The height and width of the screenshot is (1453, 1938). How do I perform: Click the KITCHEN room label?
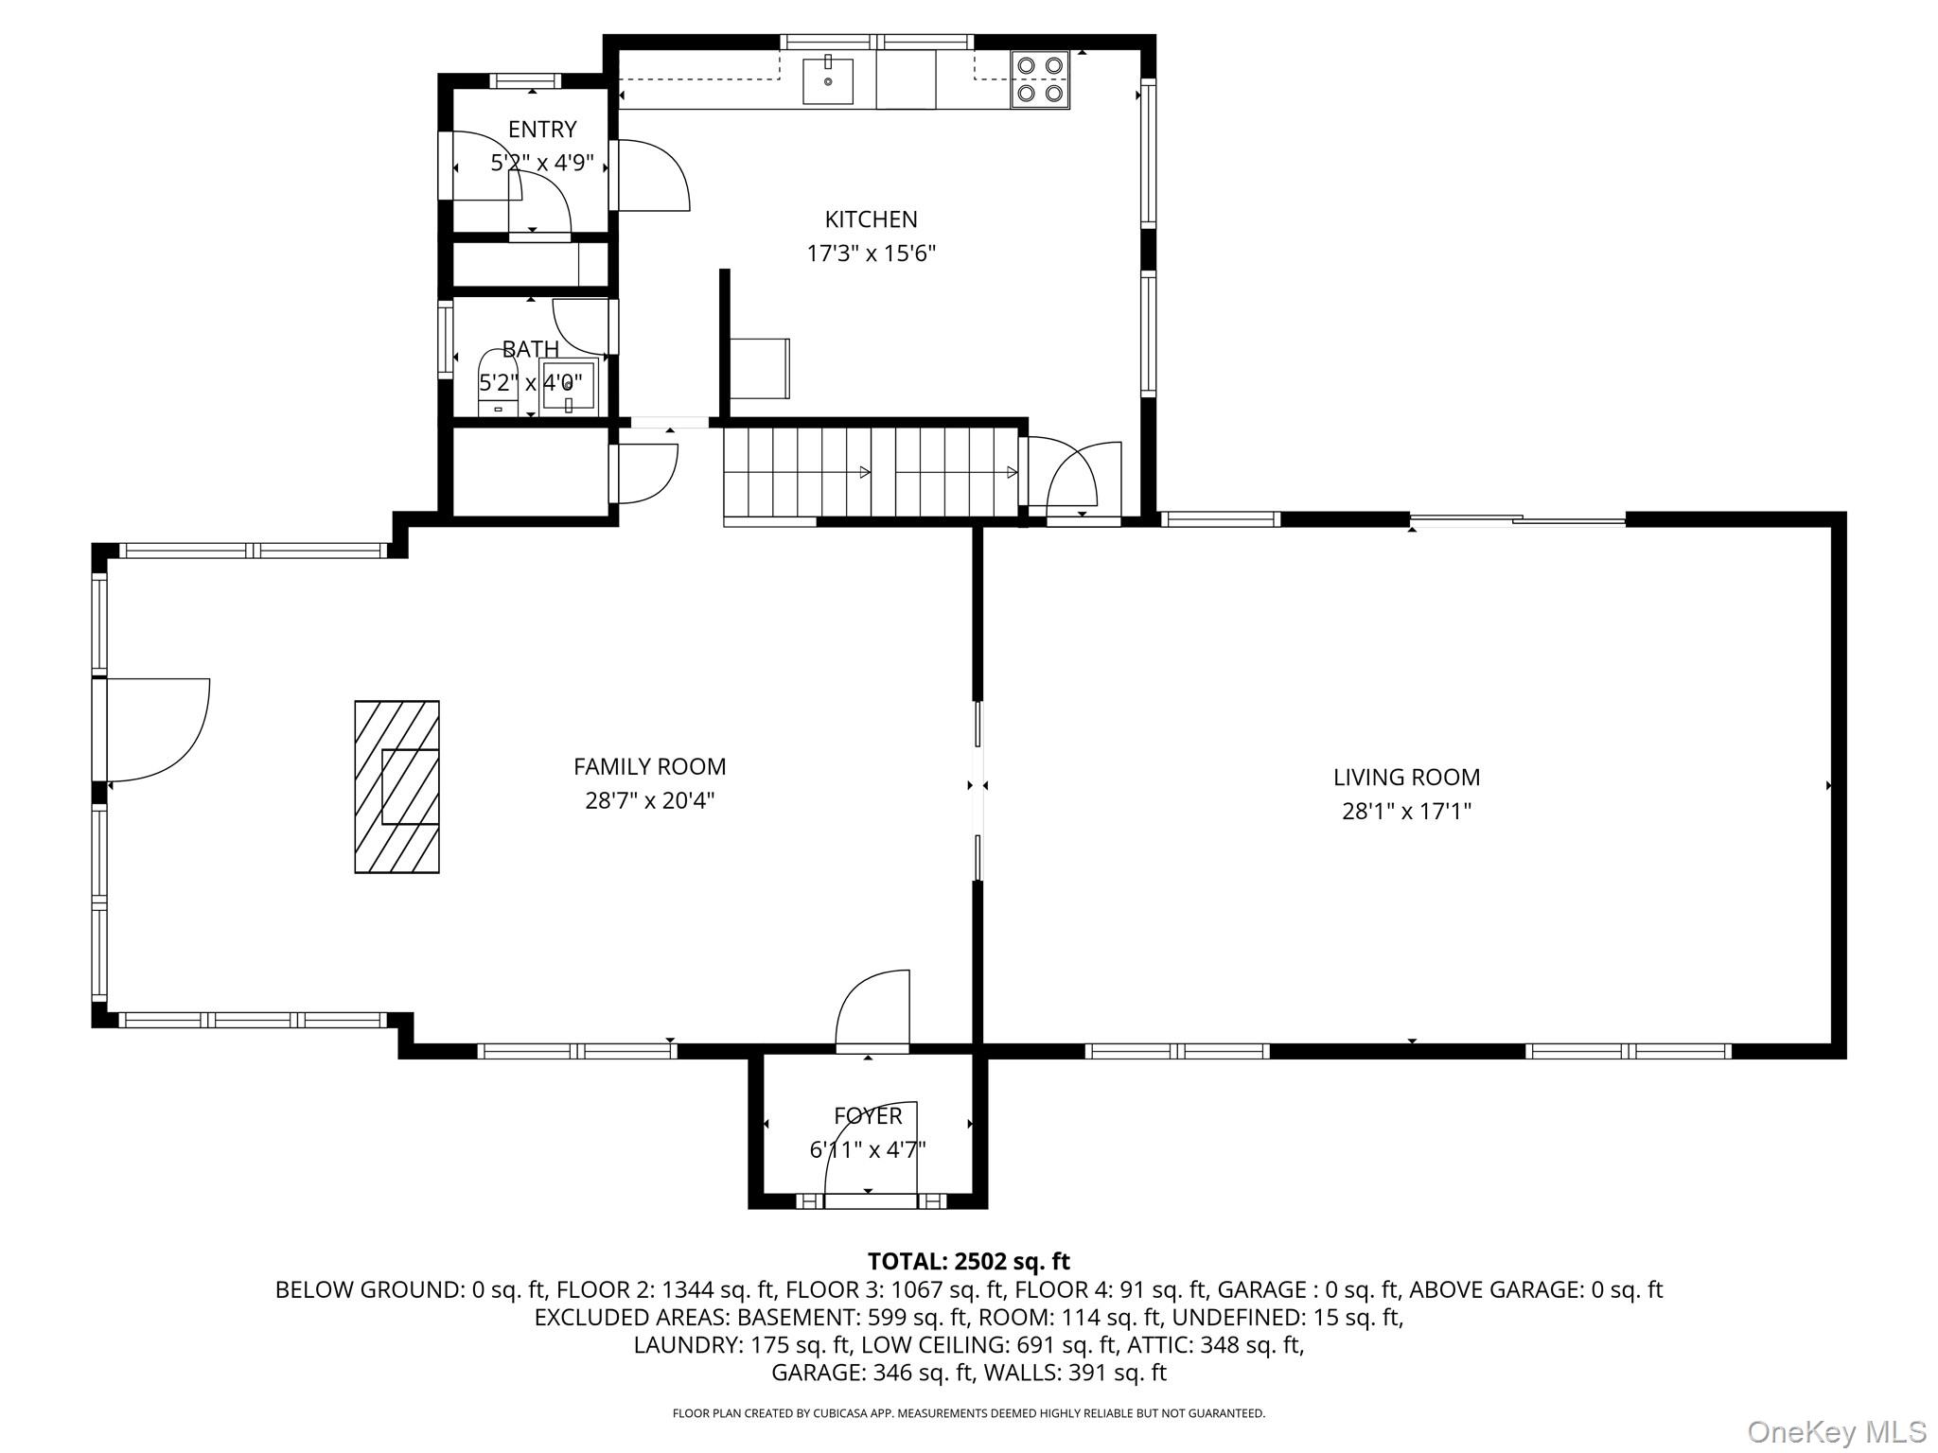tap(871, 219)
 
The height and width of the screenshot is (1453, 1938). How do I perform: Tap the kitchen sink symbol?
tap(828, 80)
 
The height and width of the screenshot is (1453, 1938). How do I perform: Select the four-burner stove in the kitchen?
tap(1039, 79)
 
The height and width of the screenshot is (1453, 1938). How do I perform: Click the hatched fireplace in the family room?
tap(396, 786)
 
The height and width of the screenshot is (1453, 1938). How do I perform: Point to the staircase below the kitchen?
tap(871, 472)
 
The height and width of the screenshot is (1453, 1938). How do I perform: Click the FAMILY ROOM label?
tap(649, 766)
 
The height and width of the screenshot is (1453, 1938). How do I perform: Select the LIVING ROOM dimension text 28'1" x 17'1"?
tap(1406, 812)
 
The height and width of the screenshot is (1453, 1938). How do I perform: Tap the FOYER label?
tap(867, 1116)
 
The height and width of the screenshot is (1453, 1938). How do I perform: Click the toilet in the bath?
tap(498, 384)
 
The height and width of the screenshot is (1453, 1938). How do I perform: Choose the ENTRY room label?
tap(541, 130)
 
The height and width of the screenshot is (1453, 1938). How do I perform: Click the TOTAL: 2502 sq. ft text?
tap(968, 1261)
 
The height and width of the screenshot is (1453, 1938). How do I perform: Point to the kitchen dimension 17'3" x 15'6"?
tap(871, 254)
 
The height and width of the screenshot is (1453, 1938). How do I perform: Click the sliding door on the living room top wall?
tap(1517, 519)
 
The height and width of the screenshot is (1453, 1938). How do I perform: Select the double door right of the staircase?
tap(1074, 478)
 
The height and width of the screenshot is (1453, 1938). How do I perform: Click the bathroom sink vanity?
tap(569, 387)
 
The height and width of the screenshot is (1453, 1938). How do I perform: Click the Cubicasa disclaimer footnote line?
tap(968, 1413)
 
